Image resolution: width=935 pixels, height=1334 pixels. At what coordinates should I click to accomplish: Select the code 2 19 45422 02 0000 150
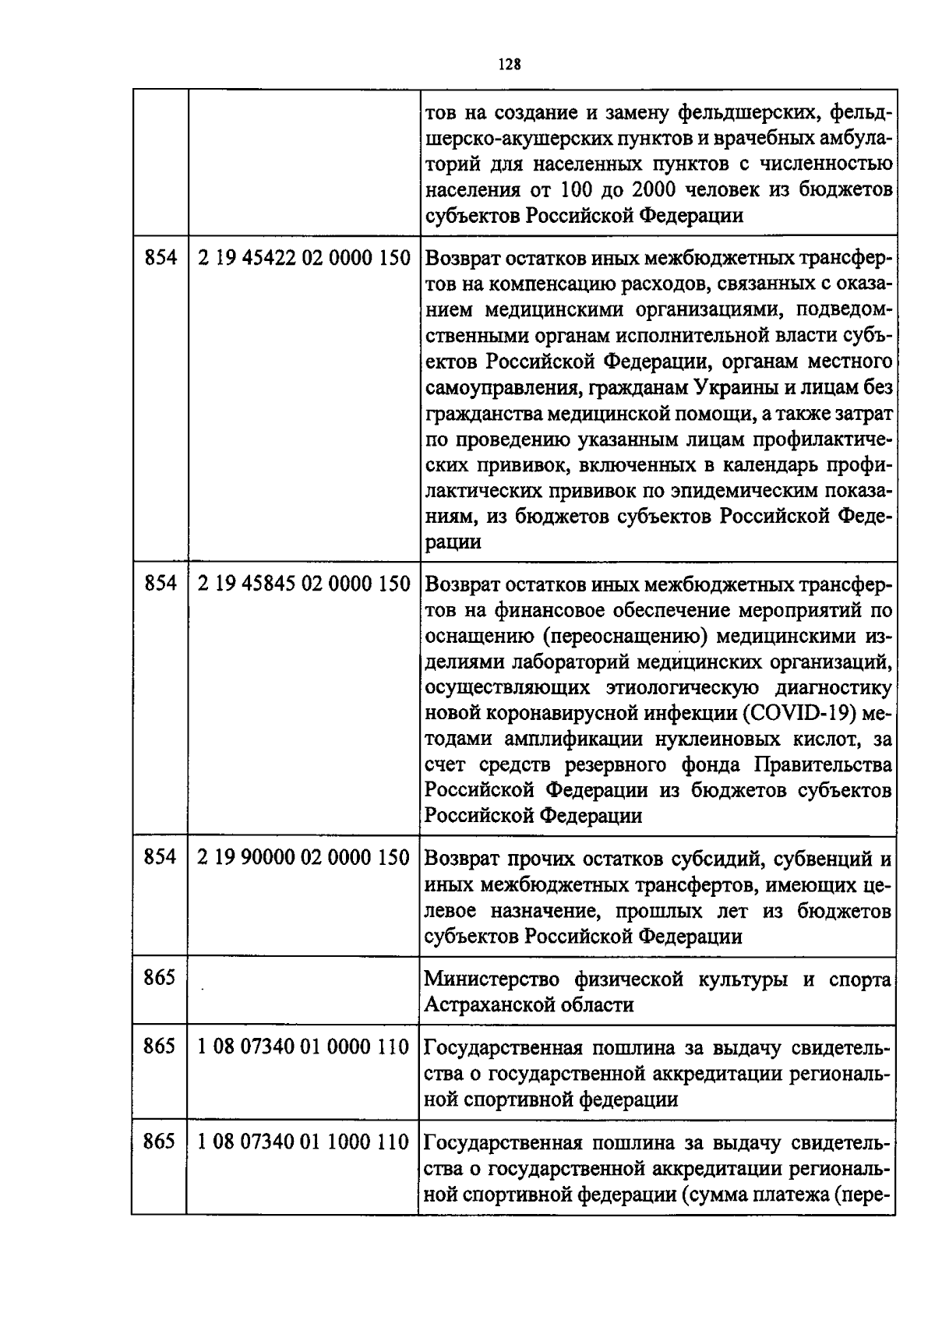click(x=304, y=258)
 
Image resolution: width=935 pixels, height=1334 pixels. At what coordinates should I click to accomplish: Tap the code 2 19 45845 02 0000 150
click(x=304, y=584)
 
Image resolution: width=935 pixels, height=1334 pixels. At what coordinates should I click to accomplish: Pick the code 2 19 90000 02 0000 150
click(x=304, y=858)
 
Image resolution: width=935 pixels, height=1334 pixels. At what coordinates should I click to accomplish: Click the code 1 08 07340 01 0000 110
click(x=304, y=1047)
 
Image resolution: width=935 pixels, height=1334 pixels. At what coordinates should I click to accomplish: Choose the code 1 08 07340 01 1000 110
click(x=304, y=1142)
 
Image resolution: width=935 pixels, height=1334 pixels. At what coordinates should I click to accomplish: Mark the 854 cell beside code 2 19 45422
click(x=160, y=258)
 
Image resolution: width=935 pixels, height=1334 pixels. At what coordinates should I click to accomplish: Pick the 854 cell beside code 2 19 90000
click(x=160, y=858)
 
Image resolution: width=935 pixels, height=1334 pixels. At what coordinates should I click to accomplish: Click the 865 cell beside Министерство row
click(x=160, y=977)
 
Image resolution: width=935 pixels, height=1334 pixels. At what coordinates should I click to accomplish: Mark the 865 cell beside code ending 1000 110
click(x=160, y=1142)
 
